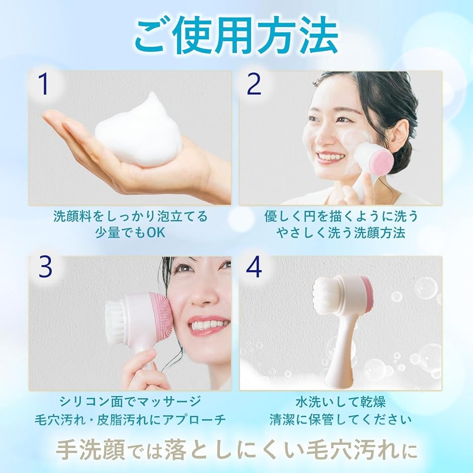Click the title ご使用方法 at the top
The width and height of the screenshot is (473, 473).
pyautogui.click(x=236, y=36)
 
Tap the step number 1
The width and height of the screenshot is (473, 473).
pyautogui.click(x=44, y=85)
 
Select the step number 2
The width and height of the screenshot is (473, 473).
pyautogui.click(x=254, y=85)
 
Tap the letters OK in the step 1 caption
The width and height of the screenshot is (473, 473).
pyautogui.click(x=156, y=232)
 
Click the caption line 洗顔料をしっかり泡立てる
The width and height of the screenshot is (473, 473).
pyautogui.click(x=130, y=216)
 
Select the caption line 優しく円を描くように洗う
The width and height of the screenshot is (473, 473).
pyautogui.click(x=341, y=216)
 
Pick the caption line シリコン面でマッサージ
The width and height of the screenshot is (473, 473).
pyautogui.click(x=130, y=402)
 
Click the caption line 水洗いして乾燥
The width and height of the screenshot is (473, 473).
pyautogui.click(x=340, y=402)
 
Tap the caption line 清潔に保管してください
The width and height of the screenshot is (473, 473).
pyautogui.click(x=340, y=420)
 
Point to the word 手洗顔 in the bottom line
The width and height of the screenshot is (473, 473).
pyautogui.click(x=91, y=451)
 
